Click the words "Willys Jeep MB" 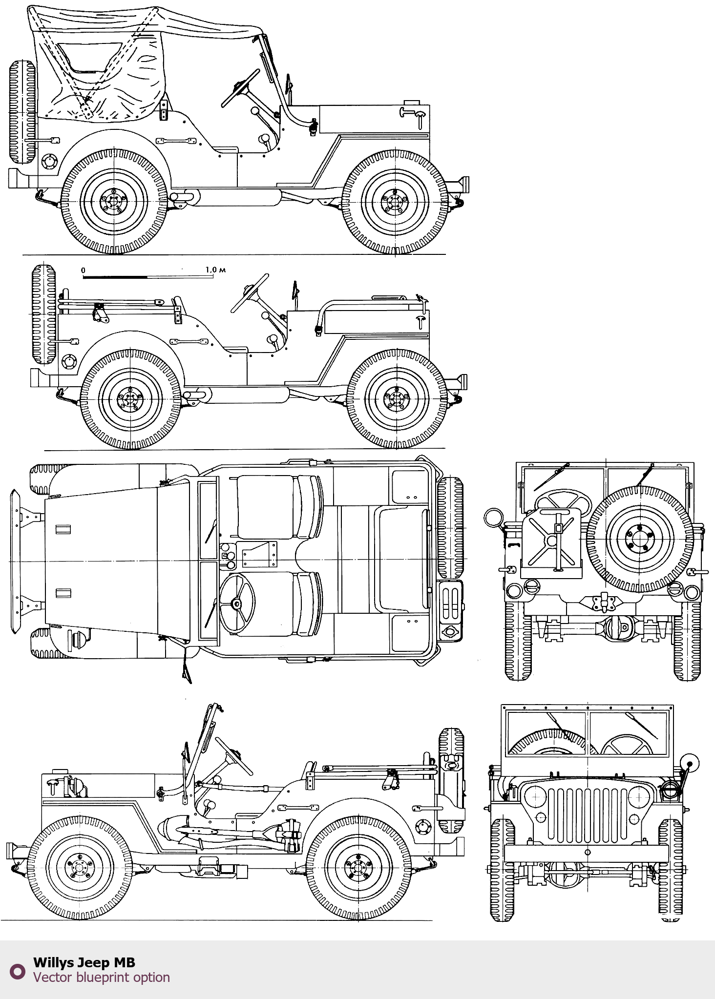(x=84, y=962)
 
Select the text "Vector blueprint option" (x=101, y=977)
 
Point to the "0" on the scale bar (x=83, y=270)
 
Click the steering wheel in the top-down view (x=237, y=604)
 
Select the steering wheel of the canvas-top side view (x=240, y=88)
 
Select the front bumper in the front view (x=586, y=853)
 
